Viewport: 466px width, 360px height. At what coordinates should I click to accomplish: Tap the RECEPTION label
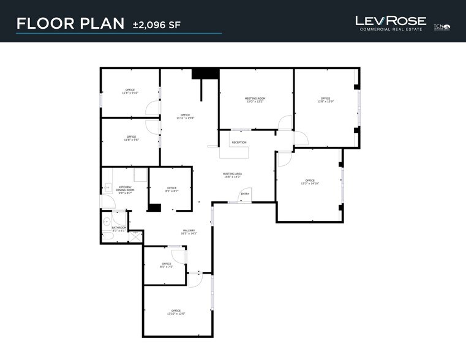(239, 143)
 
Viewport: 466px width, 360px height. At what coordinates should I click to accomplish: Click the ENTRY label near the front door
(245, 194)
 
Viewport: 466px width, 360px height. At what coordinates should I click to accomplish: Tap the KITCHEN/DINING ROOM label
(126, 189)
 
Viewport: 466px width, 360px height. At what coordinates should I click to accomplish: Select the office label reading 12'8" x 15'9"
(325, 100)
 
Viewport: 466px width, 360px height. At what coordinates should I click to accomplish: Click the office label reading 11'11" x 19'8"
(184, 116)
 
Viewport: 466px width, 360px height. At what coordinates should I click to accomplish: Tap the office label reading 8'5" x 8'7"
(171, 189)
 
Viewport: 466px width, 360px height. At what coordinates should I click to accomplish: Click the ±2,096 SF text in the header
(157, 24)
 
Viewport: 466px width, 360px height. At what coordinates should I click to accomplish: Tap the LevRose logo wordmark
(391, 21)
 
